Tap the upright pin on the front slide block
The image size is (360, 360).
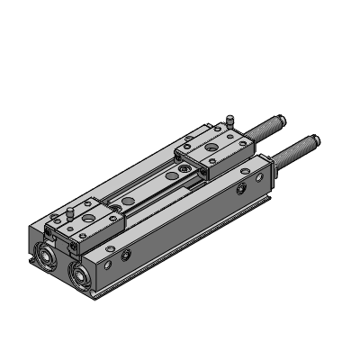[70, 212]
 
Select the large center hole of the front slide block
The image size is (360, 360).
[89, 218]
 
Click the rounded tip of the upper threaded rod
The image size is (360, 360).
[283, 117]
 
